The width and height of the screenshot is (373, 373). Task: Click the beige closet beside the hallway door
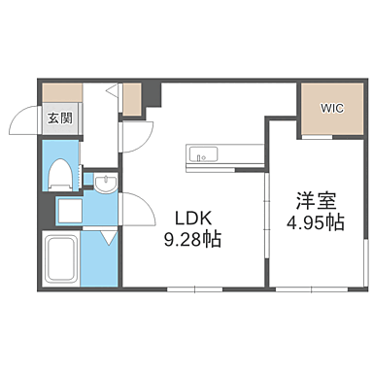[x=132, y=97]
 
